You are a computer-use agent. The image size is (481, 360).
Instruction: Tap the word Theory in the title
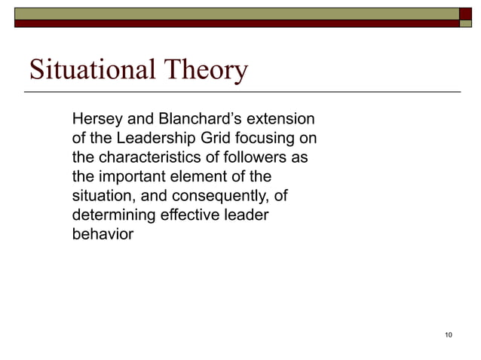(204, 71)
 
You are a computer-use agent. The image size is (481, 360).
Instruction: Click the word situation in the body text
(98, 197)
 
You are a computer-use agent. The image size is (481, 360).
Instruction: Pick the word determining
(110, 216)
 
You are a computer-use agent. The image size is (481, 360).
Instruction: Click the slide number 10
(449, 335)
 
